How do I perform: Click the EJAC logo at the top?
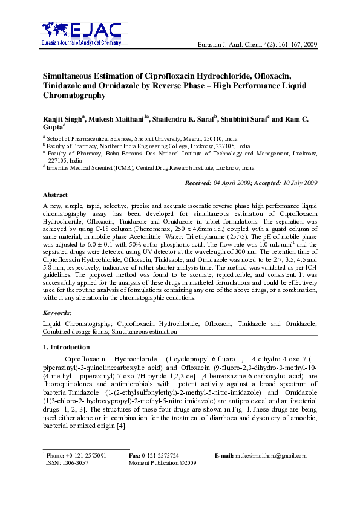81,34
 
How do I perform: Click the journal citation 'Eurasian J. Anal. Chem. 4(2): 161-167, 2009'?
258,45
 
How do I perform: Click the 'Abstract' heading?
54,195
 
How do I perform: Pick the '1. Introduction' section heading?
66,347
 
